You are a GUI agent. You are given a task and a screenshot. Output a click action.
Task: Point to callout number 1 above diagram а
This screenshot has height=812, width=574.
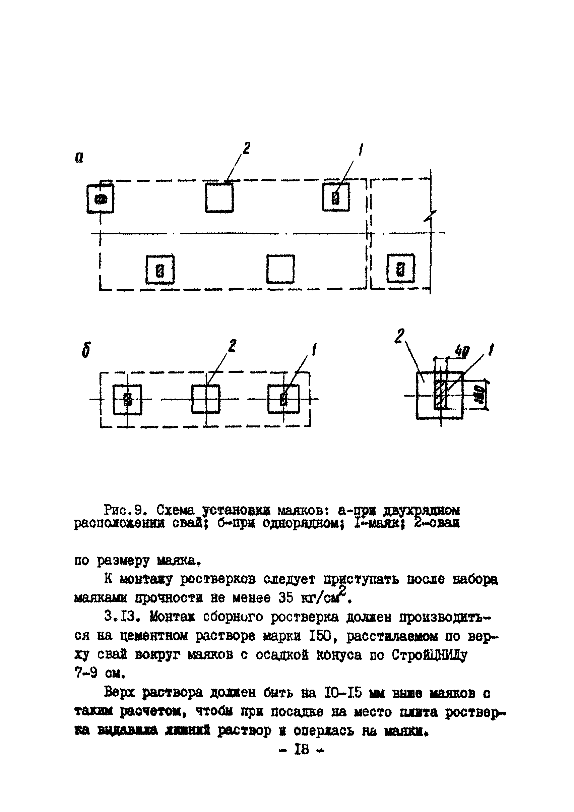click(x=361, y=150)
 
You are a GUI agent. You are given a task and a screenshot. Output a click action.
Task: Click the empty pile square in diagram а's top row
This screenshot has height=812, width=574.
click(x=219, y=197)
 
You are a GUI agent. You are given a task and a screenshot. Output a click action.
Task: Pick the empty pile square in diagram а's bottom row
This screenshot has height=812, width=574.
click(x=280, y=269)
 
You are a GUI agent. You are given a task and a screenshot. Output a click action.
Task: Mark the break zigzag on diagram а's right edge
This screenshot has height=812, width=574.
click(x=430, y=217)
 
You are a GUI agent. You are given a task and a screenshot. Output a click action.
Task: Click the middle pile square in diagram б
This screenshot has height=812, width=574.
click(x=206, y=399)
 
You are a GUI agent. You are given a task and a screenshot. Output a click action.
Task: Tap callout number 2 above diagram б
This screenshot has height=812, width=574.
click(x=232, y=346)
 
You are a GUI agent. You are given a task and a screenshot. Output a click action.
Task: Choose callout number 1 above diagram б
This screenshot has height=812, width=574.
click(x=314, y=349)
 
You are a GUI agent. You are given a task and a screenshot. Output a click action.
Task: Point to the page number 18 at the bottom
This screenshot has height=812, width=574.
click(x=302, y=749)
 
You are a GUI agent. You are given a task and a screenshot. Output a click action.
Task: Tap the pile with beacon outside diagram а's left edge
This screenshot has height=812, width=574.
click(x=101, y=199)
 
